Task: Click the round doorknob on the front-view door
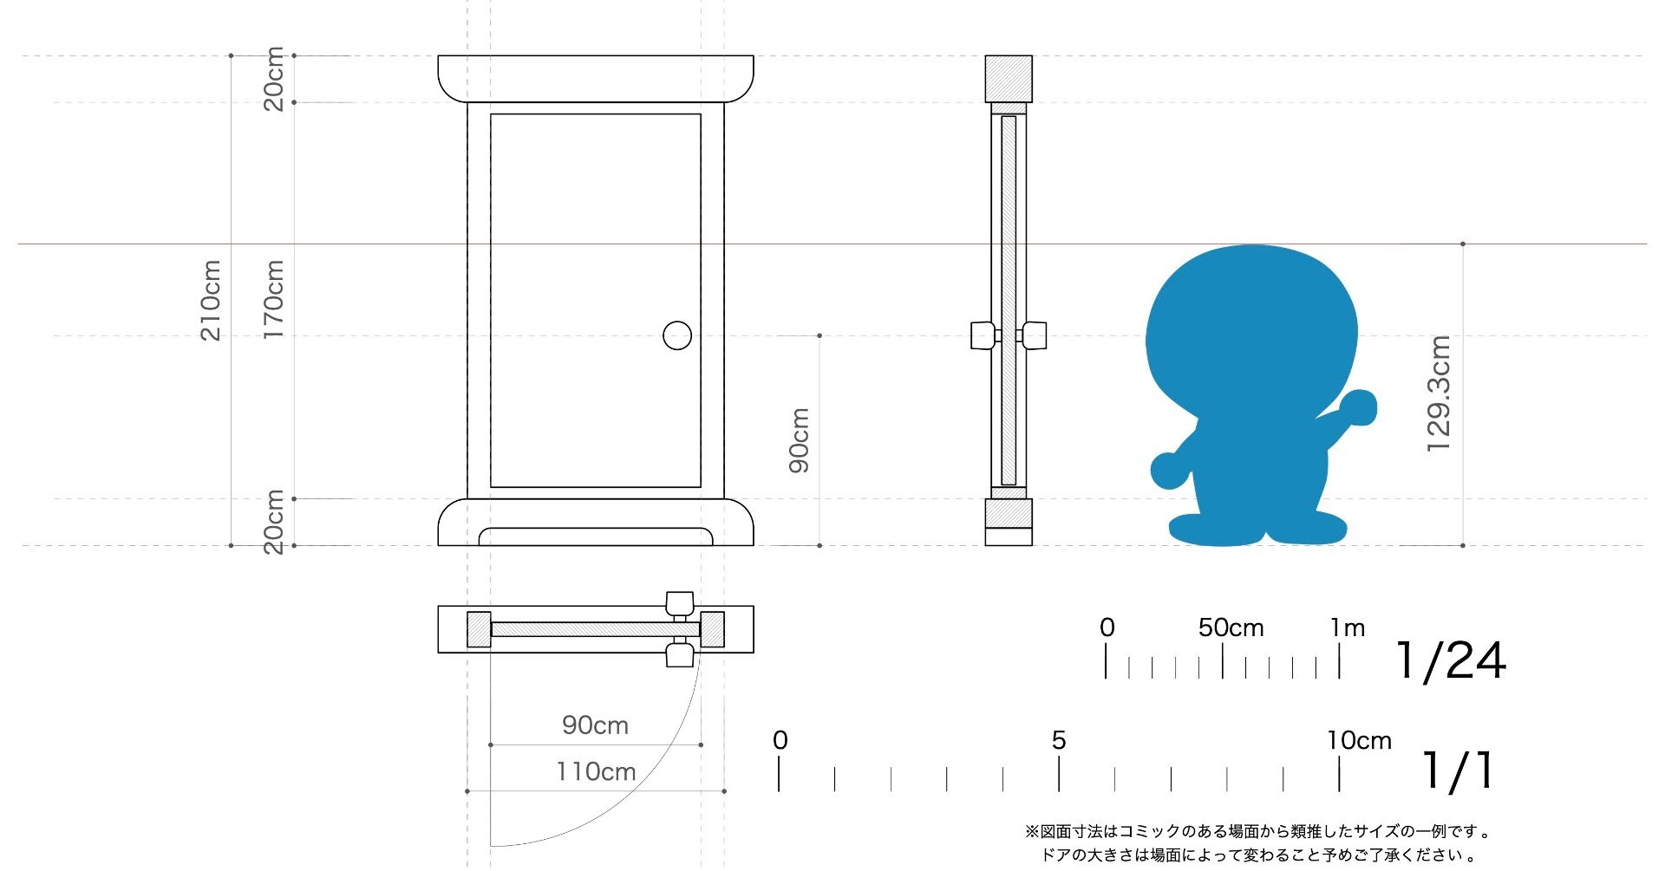point(677,335)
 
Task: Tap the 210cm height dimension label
point(211,300)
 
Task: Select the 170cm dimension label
point(273,299)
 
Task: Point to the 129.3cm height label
point(1439,393)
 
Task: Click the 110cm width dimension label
point(596,771)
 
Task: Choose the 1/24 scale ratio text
point(1451,661)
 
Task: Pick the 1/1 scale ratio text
point(1459,770)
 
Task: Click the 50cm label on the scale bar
point(1231,627)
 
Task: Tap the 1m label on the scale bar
point(1348,627)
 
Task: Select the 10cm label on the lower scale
point(1359,740)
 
